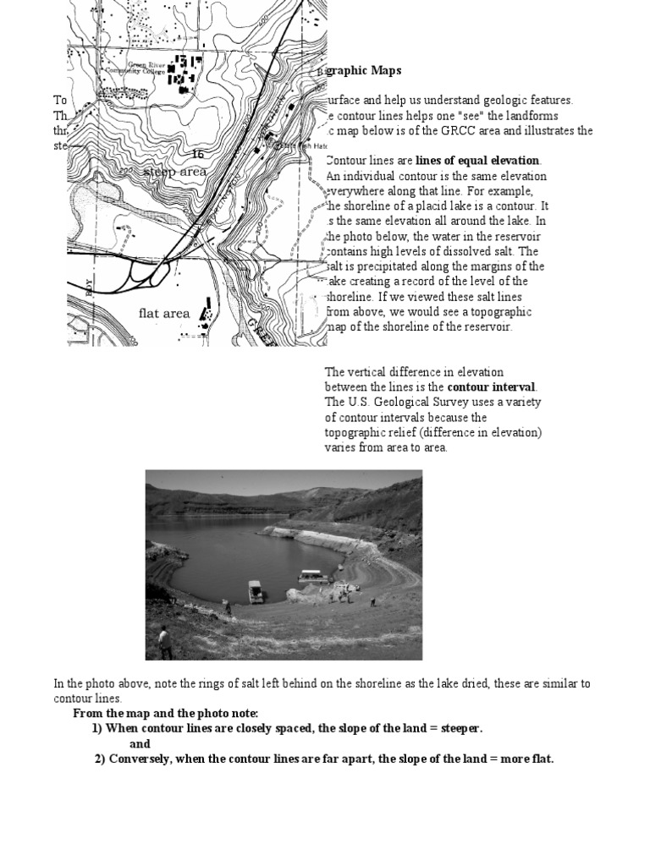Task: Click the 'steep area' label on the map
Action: coord(174,172)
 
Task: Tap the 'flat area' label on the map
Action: coord(164,313)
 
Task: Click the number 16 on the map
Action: coord(198,154)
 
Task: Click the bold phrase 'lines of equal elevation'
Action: coord(477,161)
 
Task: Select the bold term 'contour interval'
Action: coord(493,386)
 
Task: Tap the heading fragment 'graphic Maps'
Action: coord(364,71)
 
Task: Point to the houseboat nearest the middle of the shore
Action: coord(256,591)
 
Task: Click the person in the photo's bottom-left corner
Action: coord(164,641)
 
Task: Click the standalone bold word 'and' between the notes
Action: coord(140,743)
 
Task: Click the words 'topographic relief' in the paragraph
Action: coord(373,432)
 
